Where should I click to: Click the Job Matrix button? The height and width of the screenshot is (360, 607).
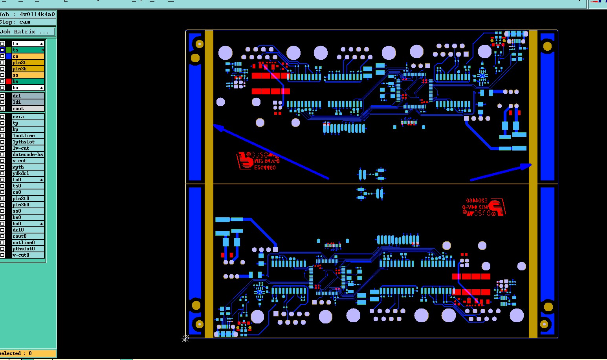28,31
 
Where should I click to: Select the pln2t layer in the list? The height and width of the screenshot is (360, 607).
28,62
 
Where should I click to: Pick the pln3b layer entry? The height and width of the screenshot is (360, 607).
28,69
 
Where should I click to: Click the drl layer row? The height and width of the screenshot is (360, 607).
28,96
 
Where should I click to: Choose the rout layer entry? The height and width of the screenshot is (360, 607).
28,108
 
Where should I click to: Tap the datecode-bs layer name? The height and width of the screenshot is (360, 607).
28,154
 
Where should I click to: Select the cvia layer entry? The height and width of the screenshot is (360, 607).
28,117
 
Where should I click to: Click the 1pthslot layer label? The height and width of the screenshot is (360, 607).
28,142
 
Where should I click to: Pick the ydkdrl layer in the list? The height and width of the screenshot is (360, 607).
28,173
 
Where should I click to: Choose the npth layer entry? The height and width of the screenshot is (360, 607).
28,167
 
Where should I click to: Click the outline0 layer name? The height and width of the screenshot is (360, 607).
28,242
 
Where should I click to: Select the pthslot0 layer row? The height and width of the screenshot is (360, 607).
28,249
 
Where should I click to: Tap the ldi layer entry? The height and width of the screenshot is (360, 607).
28,102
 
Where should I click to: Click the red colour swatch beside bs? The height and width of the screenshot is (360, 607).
9,81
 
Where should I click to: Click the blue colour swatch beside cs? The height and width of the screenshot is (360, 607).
9,56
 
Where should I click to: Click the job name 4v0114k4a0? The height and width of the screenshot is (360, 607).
37,14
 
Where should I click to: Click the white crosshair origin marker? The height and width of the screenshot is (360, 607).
185,338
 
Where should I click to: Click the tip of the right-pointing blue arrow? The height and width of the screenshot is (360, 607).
531,165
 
